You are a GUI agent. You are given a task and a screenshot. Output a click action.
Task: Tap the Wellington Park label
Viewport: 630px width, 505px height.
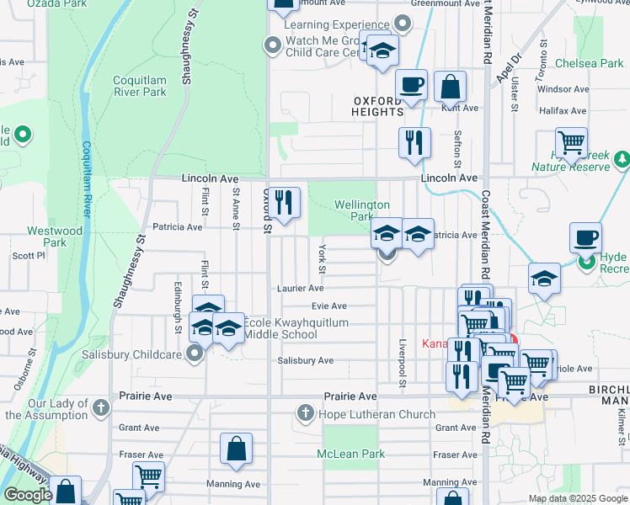(362, 210)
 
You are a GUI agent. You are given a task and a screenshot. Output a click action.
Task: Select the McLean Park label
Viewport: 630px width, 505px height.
(350, 454)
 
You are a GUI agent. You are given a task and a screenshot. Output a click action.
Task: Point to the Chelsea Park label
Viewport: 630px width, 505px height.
(595, 64)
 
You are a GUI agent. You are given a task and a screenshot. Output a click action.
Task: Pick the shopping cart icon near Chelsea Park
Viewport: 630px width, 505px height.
(572, 142)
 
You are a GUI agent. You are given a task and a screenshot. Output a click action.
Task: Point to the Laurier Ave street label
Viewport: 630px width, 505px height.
(301, 288)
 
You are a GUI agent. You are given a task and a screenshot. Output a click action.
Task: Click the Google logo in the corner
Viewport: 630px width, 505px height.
(28, 495)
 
